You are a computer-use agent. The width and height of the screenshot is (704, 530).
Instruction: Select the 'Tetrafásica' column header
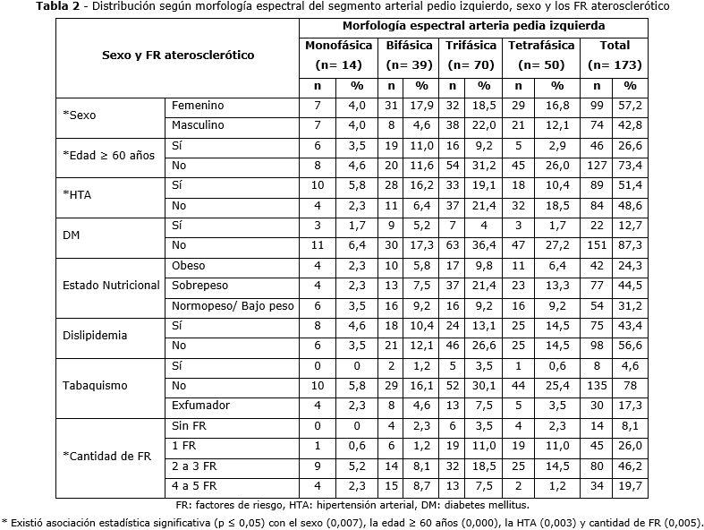542,45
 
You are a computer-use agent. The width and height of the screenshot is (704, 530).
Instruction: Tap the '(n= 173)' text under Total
615,65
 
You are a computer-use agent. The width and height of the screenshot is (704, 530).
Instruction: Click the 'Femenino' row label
198,106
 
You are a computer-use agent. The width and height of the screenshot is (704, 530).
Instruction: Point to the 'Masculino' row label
199,124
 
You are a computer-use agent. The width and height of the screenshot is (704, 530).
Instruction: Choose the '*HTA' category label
78,195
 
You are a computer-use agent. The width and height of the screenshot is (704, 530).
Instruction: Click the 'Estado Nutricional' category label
112,286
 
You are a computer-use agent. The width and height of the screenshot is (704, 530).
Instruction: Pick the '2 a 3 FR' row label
194,466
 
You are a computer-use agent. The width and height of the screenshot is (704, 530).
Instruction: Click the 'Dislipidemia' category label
94,336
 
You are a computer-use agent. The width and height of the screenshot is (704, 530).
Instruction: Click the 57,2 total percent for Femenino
631,106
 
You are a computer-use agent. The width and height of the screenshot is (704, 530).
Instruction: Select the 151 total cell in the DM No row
600,245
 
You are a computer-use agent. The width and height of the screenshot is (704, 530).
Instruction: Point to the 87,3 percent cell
631,245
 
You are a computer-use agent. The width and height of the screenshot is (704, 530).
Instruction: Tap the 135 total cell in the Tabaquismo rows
600,385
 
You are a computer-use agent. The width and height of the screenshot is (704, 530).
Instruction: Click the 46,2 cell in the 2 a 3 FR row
631,466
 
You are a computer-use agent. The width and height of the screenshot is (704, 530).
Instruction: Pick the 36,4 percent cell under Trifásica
484,245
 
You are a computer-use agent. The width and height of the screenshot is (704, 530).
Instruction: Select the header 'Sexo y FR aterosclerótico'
178,55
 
